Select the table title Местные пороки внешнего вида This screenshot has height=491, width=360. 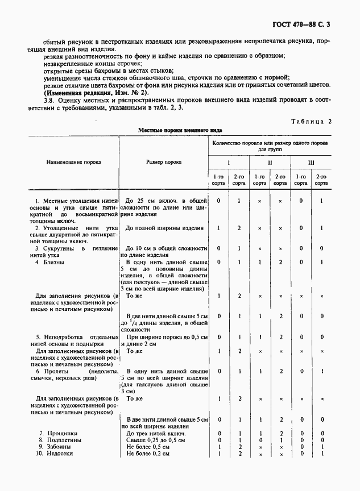click(x=180, y=130)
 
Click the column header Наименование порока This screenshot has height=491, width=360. click(x=74, y=162)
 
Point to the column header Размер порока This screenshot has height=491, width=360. click(x=164, y=162)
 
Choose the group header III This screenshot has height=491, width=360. click(x=311, y=163)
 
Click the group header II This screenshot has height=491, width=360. click(x=270, y=163)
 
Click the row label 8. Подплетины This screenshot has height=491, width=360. click(x=61, y=440)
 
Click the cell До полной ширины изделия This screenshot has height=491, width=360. click(x=164, y=228)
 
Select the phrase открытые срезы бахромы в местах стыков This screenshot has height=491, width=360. click(x=94, y=70)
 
